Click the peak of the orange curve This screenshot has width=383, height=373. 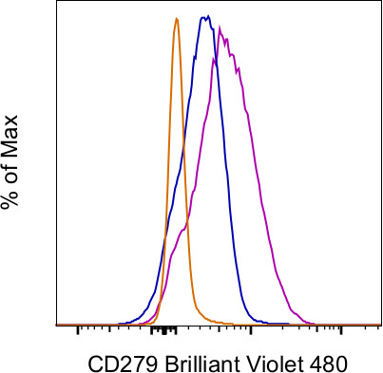point(176,18)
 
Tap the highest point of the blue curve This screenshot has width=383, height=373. point(204,16)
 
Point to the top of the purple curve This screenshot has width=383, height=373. point(221,28)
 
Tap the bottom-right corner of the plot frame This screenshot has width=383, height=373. point(380,326)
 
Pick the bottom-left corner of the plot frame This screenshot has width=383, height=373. point(59,326)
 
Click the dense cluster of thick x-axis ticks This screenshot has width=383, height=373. point(165,330)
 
